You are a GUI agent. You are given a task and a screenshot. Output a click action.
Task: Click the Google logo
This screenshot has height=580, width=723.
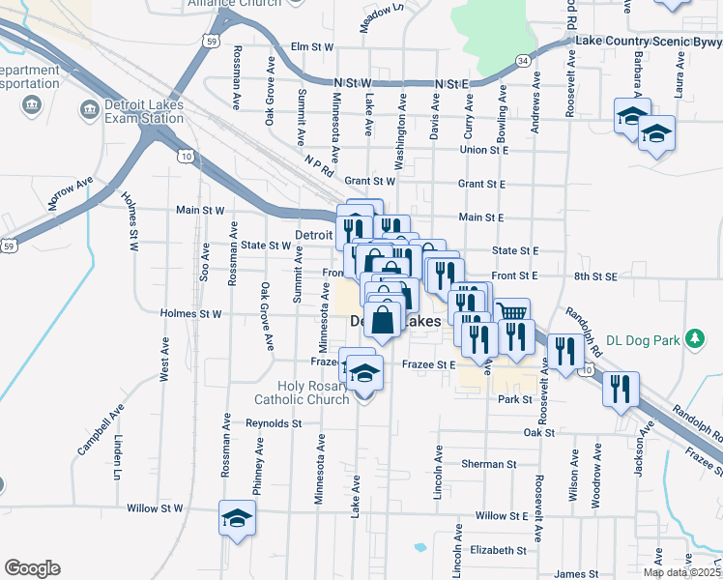32,568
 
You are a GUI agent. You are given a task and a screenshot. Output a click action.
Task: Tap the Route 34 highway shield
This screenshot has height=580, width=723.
523,60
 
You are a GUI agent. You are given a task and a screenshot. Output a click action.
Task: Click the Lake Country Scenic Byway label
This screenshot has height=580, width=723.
648,42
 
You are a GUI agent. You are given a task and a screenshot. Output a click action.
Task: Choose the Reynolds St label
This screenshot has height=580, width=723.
275,423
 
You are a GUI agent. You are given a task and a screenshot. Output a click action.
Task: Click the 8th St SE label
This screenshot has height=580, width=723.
594,276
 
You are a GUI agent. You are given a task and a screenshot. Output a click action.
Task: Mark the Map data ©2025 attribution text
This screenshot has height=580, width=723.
681,572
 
